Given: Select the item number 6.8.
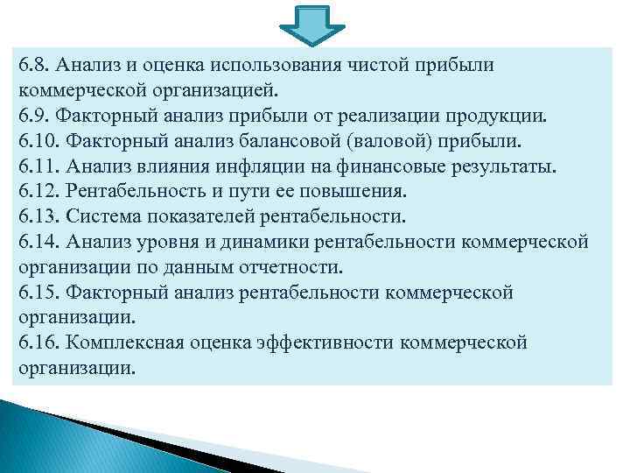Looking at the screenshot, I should [32, 65].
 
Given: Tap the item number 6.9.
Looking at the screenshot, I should [32, 116].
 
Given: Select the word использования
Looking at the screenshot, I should [280, 65].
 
